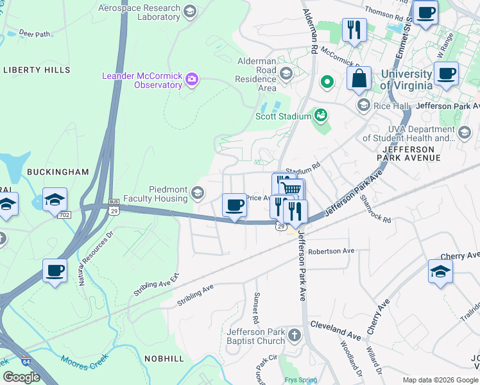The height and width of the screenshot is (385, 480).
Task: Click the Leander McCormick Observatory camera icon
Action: click(191, 80)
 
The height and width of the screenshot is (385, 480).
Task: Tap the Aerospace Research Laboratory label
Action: click(139, 12)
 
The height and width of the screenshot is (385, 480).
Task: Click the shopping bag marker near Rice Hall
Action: click(359, 78)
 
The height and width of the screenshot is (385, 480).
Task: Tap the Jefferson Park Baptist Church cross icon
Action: click(294, 335)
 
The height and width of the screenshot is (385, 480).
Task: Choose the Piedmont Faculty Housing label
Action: click(168, 194)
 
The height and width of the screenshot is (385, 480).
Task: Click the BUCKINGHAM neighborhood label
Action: click(58, 172)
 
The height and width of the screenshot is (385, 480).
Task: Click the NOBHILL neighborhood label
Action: click(164, 358)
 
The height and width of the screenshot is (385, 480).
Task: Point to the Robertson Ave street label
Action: click(331, 251)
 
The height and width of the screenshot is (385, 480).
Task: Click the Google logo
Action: click(22, 377)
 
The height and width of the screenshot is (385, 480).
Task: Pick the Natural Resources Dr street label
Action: click(97, 257)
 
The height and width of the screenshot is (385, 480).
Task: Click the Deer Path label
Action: click(35, 34)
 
